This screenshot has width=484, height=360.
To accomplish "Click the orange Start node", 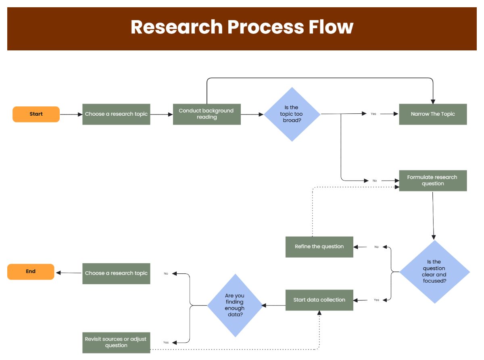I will pyautogui.click(x=36, y=114).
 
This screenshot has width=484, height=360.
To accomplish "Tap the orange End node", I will pyautogui.click(x=31, y=272).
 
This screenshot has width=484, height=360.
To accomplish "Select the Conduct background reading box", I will pyautogui.click(x=207, y=114).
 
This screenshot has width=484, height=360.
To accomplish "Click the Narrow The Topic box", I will pyautogui.click(x=433, y=114).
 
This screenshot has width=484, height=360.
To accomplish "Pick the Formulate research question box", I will pyautogui.click(x=433, y=181).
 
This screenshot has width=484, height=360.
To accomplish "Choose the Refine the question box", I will pyautogui.click(x=319, y=247).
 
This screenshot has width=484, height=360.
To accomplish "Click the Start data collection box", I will pyautogui.click(x=319, y=300).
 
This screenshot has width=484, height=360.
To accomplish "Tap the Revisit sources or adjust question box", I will pyautogui.click(x=116, y=342).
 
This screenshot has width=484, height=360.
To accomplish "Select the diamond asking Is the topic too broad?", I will pyautogui.click(x=292, y=114).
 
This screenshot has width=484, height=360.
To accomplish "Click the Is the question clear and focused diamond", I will pyautogui.click(x=434, y=272).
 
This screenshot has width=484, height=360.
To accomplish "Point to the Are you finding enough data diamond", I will pyautogui.click(x=235, y=305).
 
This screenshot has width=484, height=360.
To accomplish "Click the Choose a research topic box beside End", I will pyautogui.click(x=116, y=273).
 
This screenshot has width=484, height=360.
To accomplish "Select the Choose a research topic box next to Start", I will pyautogui.click(x=116, y=114).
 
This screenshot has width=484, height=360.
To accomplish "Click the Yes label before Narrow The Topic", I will pyautogui.click(x=373, y=114).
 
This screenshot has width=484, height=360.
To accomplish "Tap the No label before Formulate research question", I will pyautogui.click(x=375, y=181).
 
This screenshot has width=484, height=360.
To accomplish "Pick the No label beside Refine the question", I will pyautogui.click(x=376, y=247).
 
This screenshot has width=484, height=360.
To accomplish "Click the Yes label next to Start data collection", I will pyautogui.click(x=376, y=300).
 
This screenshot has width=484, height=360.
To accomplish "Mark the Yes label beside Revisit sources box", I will pyautogui.click(x=166, y=342).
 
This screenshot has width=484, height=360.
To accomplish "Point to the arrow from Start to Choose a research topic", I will pyautogui.click(x=71, y=114).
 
